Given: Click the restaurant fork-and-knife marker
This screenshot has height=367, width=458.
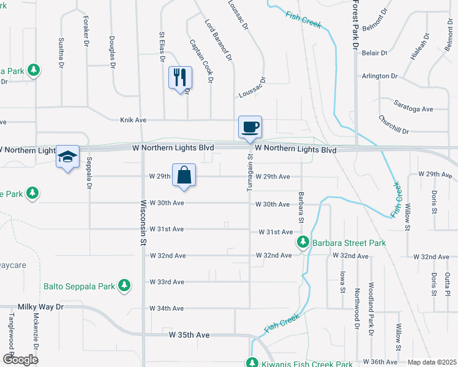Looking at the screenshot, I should click(x=180, y=77).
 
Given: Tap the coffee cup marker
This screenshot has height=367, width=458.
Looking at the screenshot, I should click(x=250, y=127).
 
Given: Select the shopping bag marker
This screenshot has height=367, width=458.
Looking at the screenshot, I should click(x=184, y=175).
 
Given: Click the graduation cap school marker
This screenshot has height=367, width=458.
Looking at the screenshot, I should click(x=68, y=157).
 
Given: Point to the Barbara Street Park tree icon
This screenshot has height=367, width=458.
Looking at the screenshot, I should click(x=302, y=243).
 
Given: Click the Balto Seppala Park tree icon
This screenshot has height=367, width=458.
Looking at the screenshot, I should click(x=124, y=286).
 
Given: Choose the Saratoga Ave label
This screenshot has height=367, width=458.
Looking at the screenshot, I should click(x=413, y=109).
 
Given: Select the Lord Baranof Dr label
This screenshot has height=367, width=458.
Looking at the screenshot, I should click(x=219, y=40).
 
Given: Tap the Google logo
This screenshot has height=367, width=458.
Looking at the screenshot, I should click(x=20, y=359).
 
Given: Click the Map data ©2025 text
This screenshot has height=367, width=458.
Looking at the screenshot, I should click(x=432, y=362).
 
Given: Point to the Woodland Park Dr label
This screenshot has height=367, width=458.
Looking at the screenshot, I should click(x=371, y=309).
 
